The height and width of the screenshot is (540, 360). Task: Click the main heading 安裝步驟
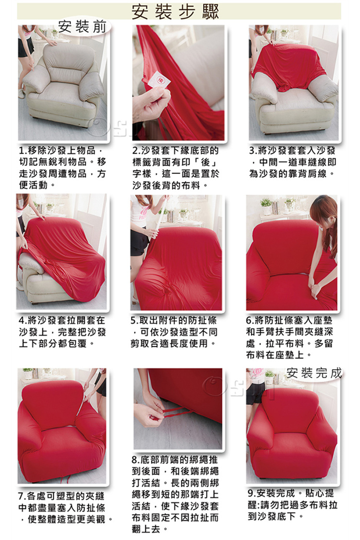(x=175, y=12)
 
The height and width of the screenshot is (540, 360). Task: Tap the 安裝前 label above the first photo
(x=83, y=27)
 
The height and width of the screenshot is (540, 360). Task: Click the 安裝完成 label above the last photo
(x=314, y=373)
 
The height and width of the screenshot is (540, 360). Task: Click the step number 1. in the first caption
(x=24, y=151)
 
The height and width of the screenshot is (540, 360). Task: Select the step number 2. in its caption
(x=136, y=151)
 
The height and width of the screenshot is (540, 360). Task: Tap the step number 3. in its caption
(x=253, y=151)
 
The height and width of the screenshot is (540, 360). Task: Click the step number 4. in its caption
(x=23, y=320)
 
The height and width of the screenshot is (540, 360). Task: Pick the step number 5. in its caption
(x=135, y=320)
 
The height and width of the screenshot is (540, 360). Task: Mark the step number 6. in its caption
(x=250, y=320)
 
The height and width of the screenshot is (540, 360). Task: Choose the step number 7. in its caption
(x=23, y=496)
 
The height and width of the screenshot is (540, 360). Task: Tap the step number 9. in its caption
(x=252, y=493)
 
